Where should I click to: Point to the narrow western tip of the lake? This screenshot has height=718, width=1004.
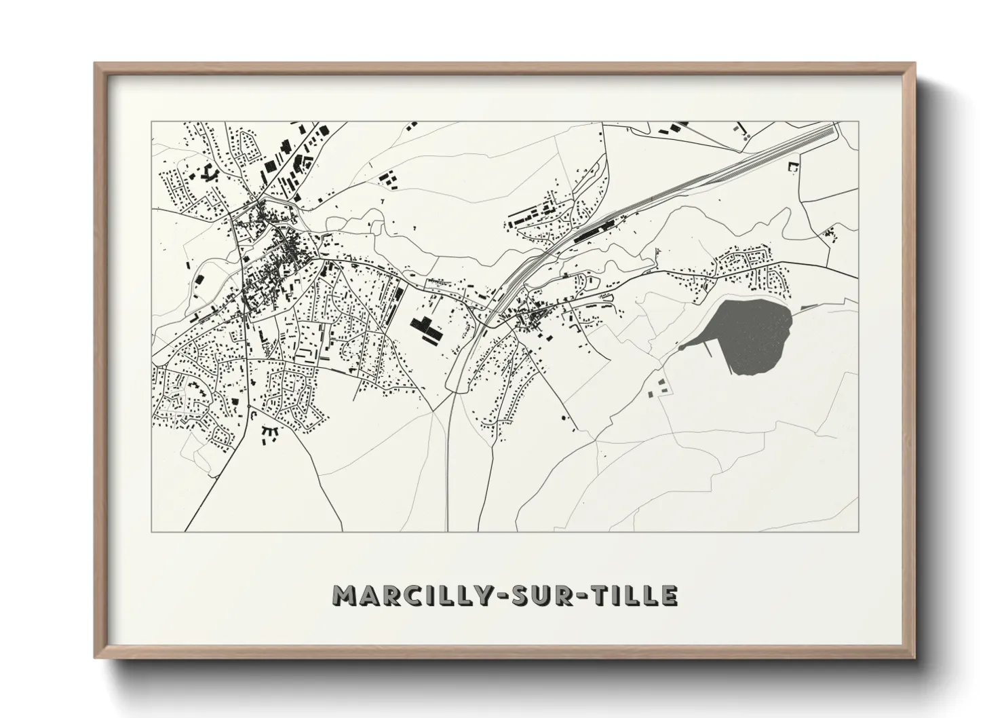coord(682,347)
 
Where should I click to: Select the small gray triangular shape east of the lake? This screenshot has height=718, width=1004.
coord(807,307)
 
